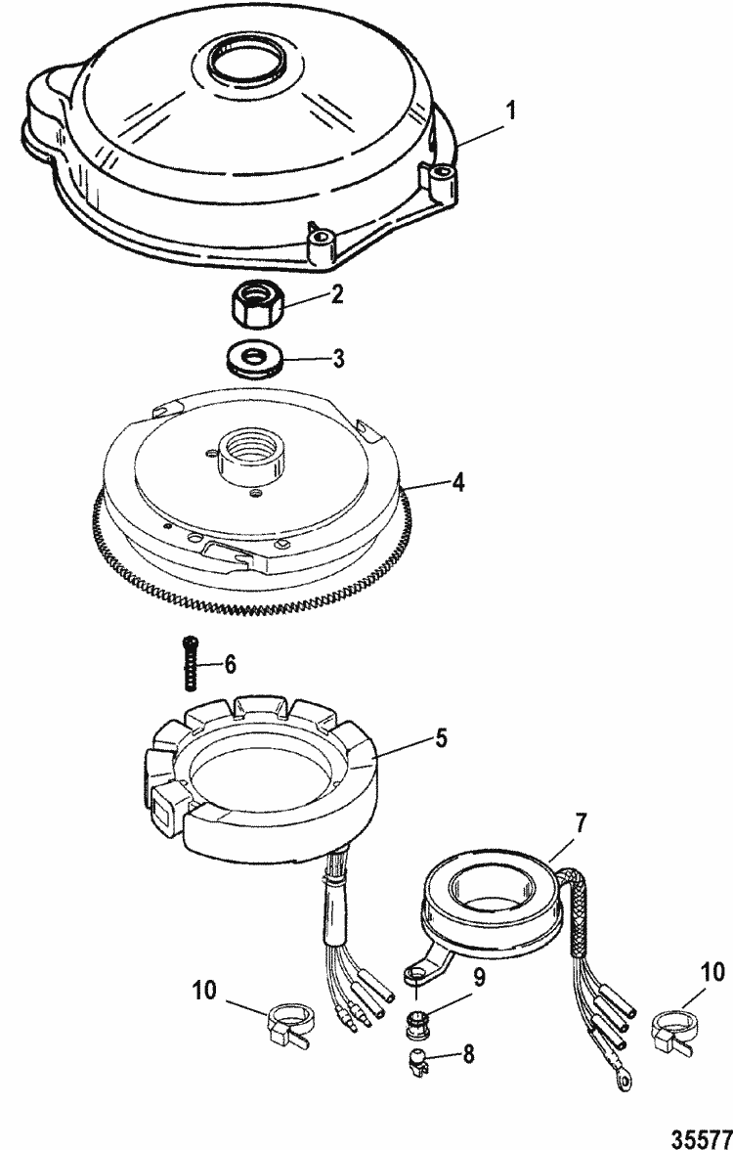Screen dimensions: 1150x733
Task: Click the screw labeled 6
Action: click(x=188, y=674)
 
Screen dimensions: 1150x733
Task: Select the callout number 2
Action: click(x=336, y=293)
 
